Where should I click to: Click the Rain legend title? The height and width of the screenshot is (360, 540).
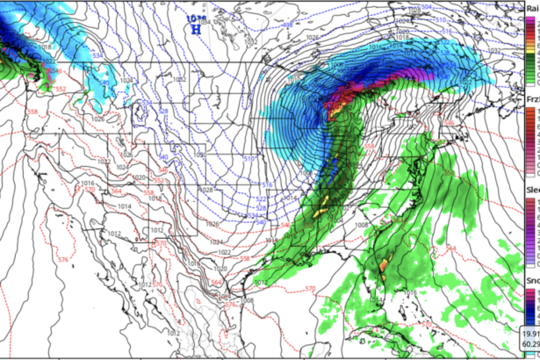click(532, 6)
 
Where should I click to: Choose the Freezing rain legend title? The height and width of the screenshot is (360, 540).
click(532, 100)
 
